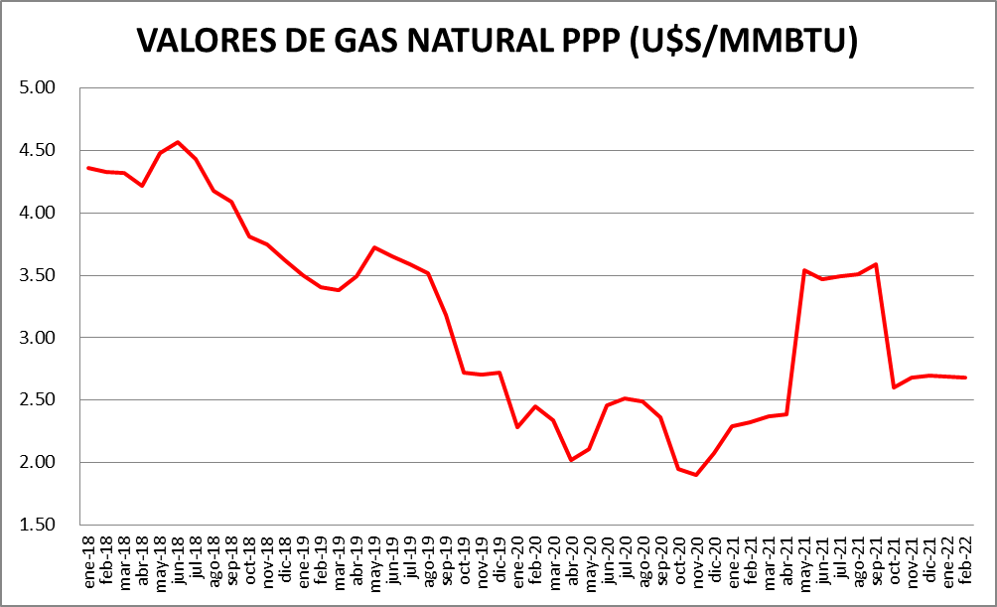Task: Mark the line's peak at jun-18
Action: click(x=178, y=142)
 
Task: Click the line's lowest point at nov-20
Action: click(x=696, y=475)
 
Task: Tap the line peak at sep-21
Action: click(x=875, y=264)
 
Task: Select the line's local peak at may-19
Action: click(x=374, y=247)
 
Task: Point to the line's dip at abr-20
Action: click(x=571, y=460)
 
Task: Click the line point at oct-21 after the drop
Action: click(x=894, y=387)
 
